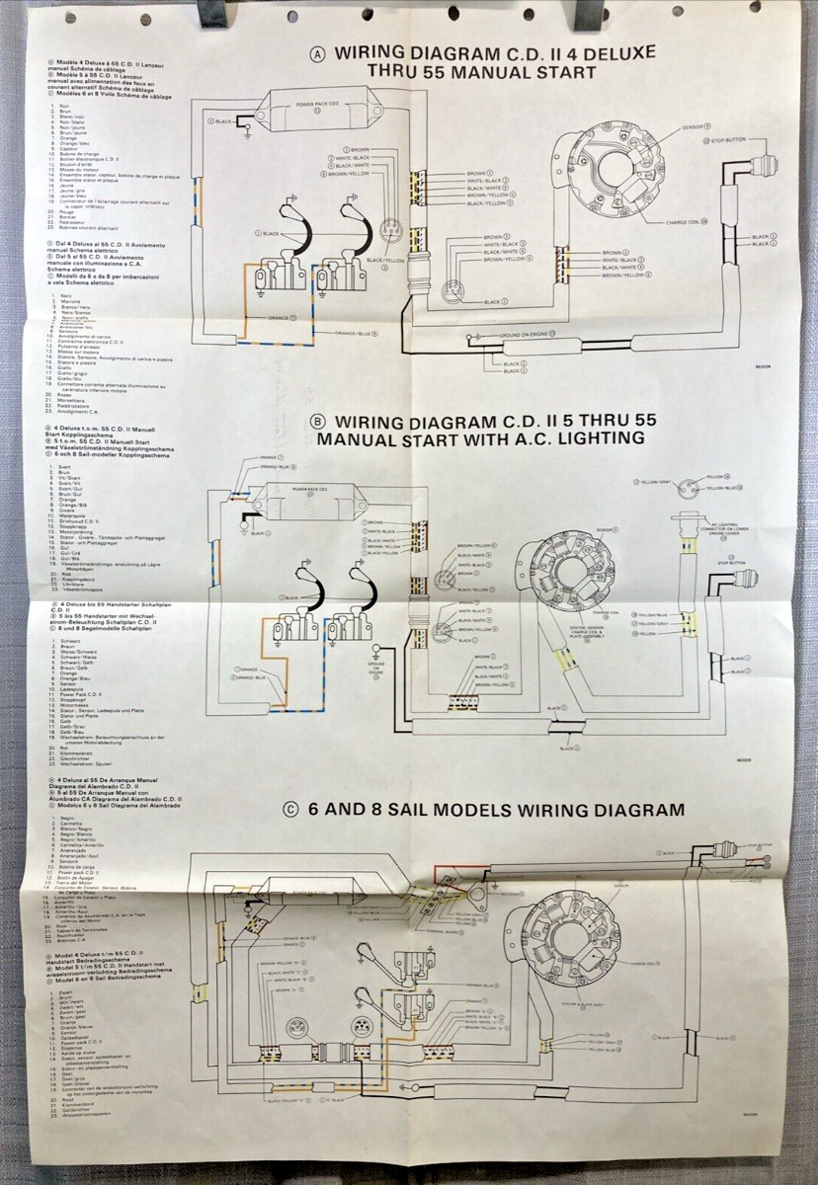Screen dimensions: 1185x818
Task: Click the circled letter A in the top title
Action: pyautogui.click(x=317, y=53)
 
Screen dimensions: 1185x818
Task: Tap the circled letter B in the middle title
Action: pyautogui.click(x=318, y=420)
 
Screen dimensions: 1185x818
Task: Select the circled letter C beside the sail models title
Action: pyautogui.click(x=290, y=810)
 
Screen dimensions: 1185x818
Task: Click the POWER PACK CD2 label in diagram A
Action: pyautogui.click(x=316, y=104)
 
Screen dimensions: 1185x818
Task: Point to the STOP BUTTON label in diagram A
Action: pyautogui.click(x=729, y=140)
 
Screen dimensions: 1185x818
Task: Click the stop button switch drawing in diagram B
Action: pyautogui.click(x=734, y=583)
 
